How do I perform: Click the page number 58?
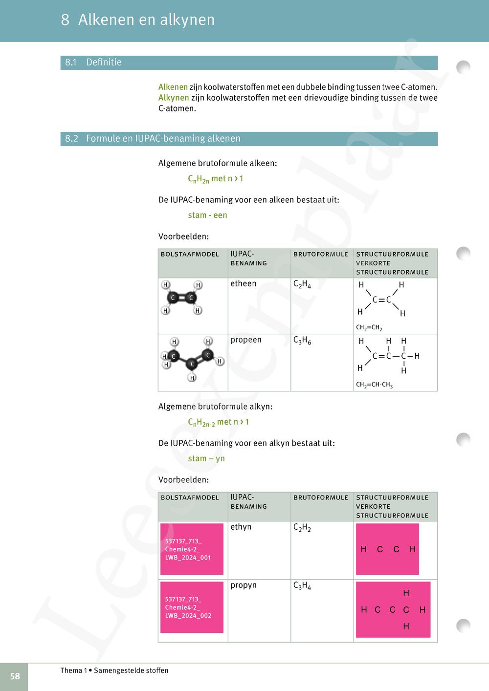click(x=15, y=676)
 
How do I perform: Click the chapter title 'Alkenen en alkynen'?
click(x=146, y=20)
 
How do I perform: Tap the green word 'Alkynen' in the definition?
click(x=174, y=98)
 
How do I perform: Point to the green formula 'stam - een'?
click(x=207, y=216)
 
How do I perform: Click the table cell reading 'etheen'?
click(x=244, y=283)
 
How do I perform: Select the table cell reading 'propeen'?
click(x=246, y=340)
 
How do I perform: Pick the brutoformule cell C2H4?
click(x=302, y=284)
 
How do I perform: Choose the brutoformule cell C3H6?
click(x=302, y=341)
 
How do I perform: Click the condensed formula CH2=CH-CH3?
click(x=374, y=385)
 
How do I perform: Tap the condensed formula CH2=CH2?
click(x=369, y=328)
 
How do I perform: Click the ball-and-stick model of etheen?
click(x=181, y=298)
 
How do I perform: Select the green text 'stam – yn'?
click(x=206, y=459)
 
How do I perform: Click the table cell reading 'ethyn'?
click(x=241, y=527)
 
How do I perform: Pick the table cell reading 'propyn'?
click(x=244, y=585)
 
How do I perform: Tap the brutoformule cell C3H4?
click(x=302, y=585)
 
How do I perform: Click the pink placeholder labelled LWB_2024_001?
click(x=192, y=549)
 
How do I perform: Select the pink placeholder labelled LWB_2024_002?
click(x=192, y=607)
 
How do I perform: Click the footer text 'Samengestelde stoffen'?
click(x=131, y=670)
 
